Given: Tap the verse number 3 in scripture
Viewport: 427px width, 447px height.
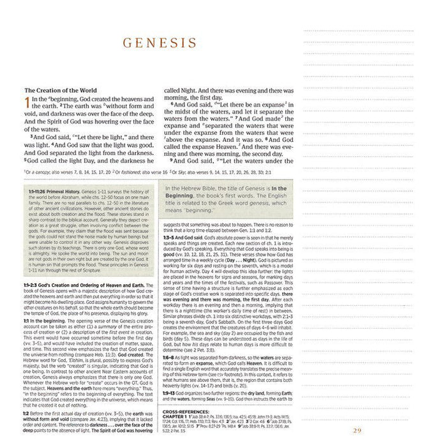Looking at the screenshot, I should [x=30, y=137].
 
